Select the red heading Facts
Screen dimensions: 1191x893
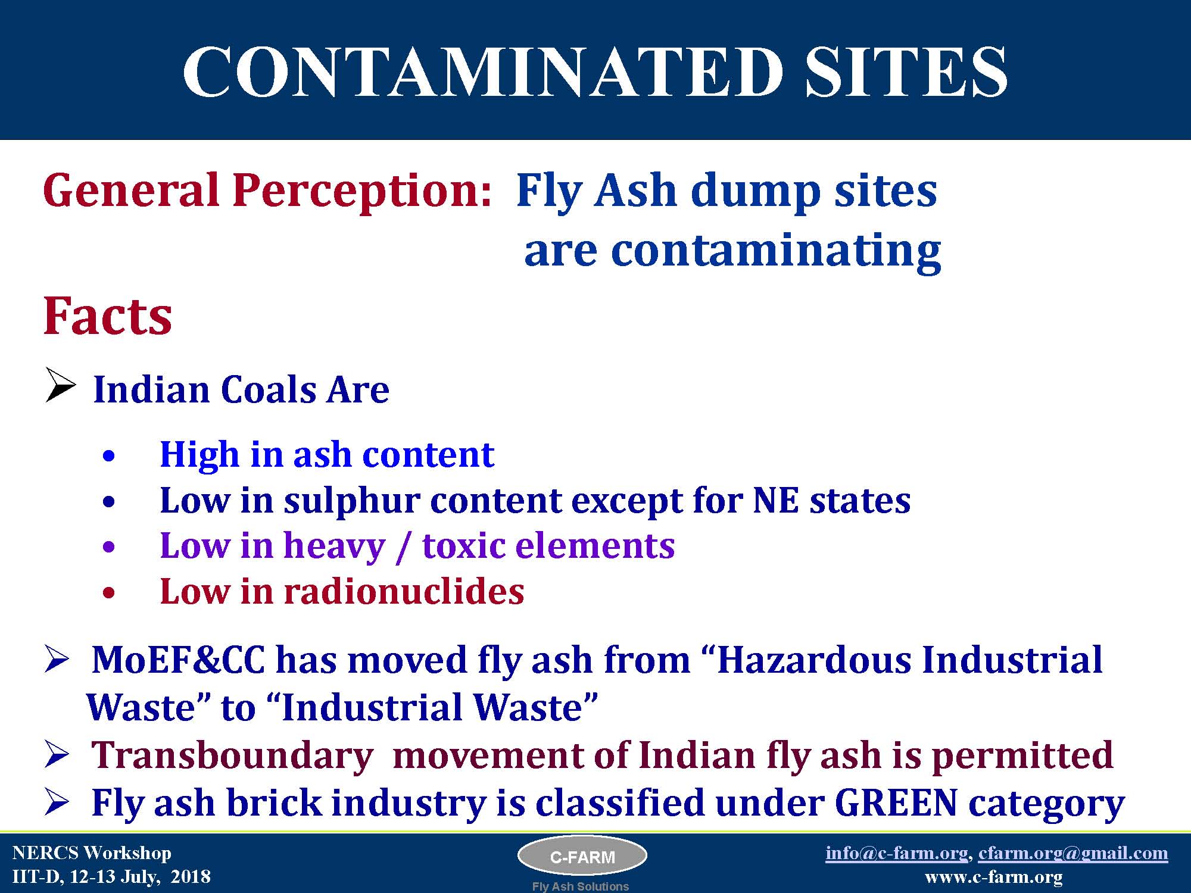(x=108, y=316)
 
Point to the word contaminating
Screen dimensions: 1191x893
(x=776, y=251)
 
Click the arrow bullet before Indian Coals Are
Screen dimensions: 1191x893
(x=61, y=385)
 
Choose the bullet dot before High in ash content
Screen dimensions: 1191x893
(x=108, y=457)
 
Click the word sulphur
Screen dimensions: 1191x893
(x=353, y=501)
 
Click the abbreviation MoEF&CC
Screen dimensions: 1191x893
(x=178, y=660)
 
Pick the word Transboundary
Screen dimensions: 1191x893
(x=232, y=755)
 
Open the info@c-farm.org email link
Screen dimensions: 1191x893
(x=896, y=853)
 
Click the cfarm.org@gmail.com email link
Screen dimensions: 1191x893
(x=1073, y=853)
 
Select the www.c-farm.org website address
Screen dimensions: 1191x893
(x=993, y=877)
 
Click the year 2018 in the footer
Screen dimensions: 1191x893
(x=191, y=877)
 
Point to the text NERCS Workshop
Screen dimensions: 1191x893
(x=92, y=853)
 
